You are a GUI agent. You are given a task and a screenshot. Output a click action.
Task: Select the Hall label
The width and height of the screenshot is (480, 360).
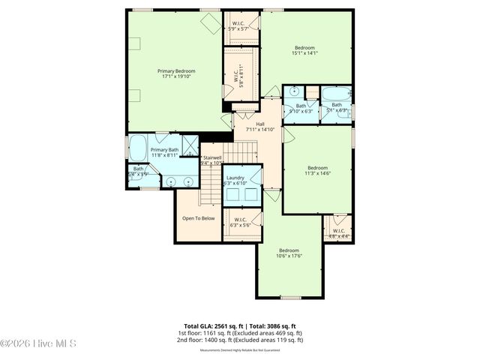259,124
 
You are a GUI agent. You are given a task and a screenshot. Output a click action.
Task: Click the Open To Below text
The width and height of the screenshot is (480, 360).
198,218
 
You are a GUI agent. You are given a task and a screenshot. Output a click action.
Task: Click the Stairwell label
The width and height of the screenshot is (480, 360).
213,158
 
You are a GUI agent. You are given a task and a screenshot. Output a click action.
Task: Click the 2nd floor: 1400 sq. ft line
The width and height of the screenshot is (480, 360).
240,339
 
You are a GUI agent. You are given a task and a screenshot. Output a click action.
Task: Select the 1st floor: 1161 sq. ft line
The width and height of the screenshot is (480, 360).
240,332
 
